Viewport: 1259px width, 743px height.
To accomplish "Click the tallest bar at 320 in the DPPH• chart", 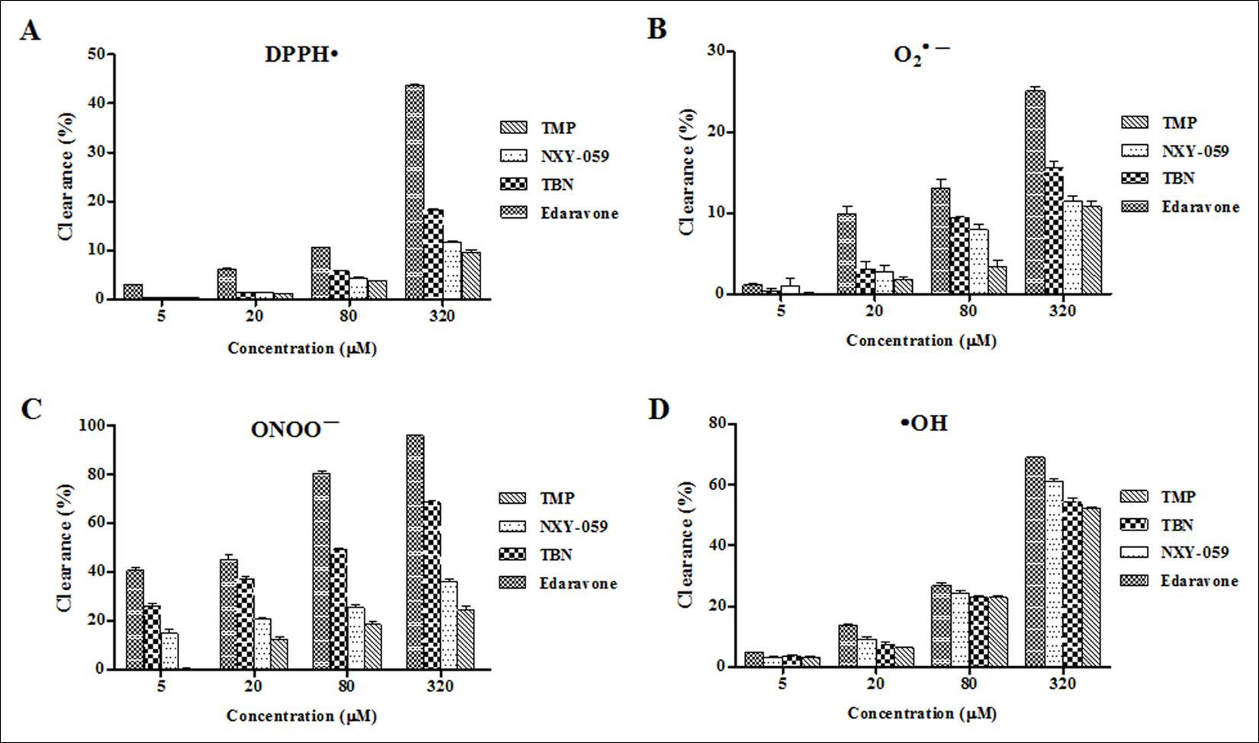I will [415, 192].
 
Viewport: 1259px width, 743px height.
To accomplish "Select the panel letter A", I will [30, 33].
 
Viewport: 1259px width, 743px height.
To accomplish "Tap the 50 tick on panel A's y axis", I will [97, 54].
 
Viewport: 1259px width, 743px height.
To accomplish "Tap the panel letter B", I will [657, 30].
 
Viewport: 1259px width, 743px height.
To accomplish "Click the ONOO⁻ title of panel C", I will [295, 428].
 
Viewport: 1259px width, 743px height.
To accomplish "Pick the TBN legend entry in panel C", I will [556, 555].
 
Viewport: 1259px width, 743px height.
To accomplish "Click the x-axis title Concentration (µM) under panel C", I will [302, 716].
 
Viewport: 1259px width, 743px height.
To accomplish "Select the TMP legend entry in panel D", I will [1179, 497].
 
